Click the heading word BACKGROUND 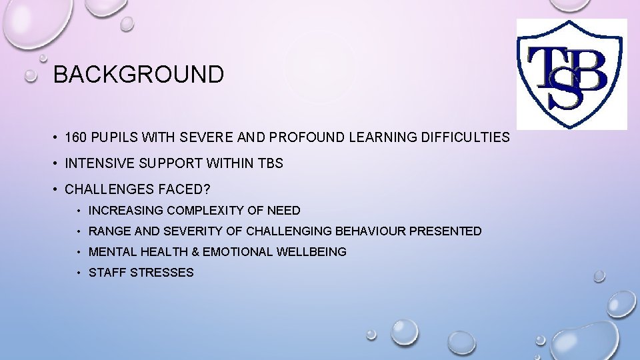139,75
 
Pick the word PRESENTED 445,231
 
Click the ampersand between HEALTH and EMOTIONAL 194,252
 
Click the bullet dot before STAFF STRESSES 79,273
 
